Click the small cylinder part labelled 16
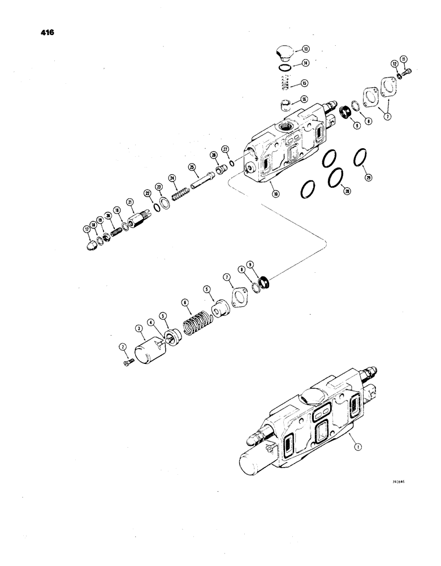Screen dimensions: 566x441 (285, 103)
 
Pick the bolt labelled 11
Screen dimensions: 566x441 (409, 71)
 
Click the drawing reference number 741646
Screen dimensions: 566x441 (399, 483)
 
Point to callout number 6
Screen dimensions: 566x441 (184, 302)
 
